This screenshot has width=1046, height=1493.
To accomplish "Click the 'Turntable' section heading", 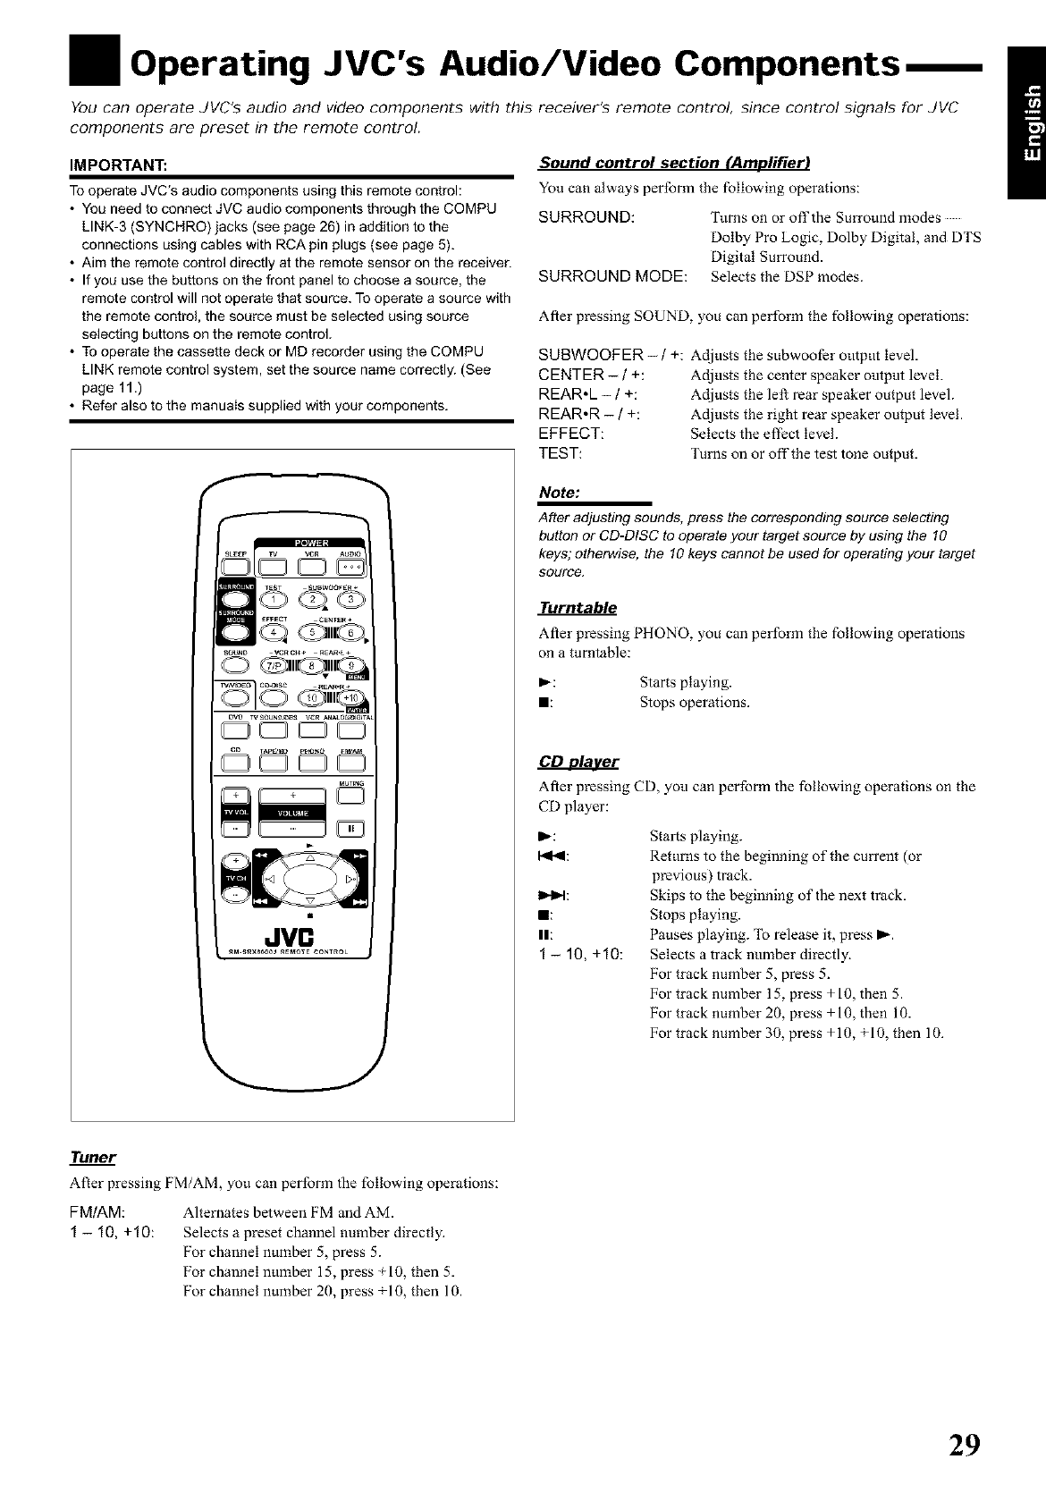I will coord(578,608).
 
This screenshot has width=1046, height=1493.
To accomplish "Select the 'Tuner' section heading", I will coord(93,1158).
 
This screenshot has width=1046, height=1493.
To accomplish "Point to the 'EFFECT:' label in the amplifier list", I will coord(571,434).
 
